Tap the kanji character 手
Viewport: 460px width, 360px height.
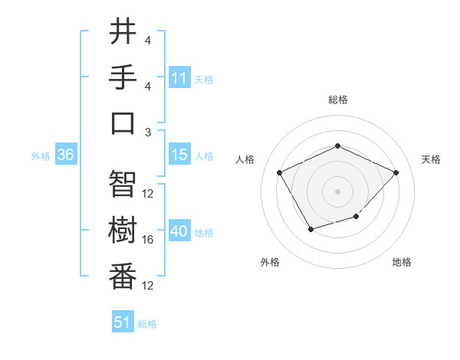[x=123, y=77]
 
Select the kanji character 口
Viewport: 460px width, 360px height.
[x=123, y=123]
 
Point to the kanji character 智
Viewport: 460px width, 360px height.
[x=123, y=185]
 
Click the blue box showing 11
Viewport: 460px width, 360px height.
[x=179, y=77]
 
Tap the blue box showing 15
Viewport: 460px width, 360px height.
[x=179, y=155]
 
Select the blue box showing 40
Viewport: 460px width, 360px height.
[x=179, y=231]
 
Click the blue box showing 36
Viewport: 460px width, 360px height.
[x=65, y=155]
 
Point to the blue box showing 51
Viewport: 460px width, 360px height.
[x=123, y=322]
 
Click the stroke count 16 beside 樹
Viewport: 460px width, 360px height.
[x=148, y=240]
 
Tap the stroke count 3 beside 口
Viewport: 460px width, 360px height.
[x=148, y=132]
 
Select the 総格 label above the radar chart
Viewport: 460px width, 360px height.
[x=337, y=100]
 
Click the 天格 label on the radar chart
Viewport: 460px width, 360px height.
[x=431, y=159]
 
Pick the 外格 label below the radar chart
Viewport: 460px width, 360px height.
[x=269, y=262]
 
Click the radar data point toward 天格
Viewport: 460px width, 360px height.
[x=396, y=172]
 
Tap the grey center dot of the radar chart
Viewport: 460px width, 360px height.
[x=337, y=191]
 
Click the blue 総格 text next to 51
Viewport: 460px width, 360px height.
[x=147, y=324]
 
